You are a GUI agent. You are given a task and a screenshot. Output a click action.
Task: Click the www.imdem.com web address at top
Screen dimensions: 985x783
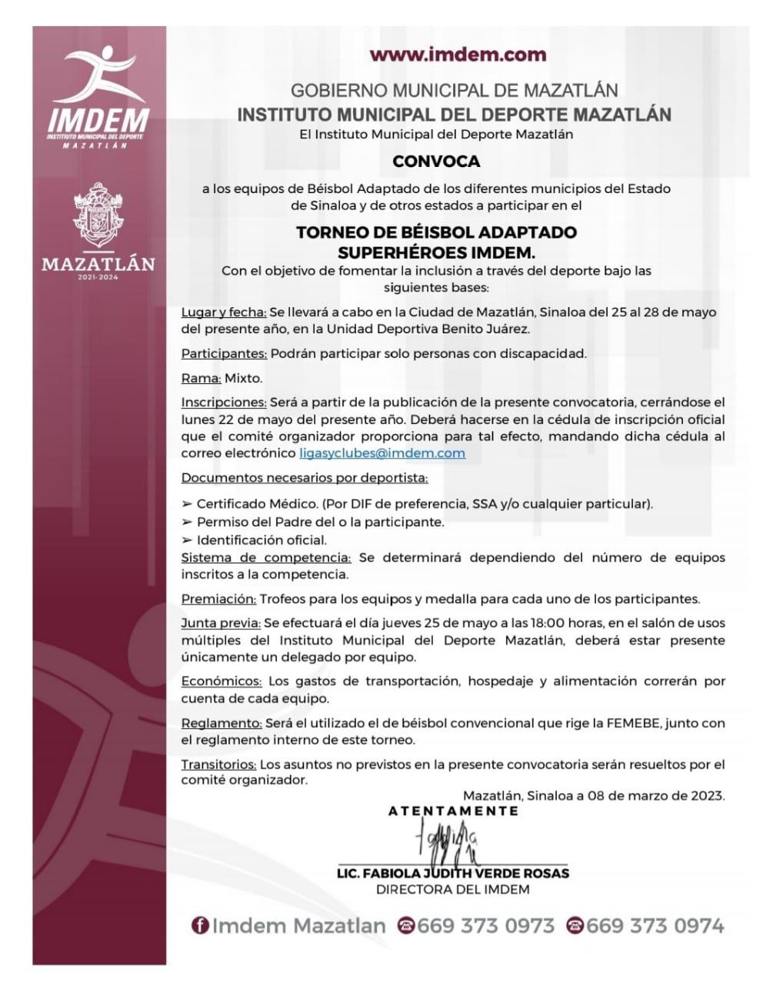click(458, 55)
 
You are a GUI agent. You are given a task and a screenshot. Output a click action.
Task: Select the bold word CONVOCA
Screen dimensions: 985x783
click(436, 162)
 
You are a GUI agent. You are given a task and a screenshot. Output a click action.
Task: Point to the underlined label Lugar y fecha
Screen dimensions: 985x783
click(224, 312)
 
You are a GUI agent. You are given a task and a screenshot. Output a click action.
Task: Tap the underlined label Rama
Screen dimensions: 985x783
click(202, 379)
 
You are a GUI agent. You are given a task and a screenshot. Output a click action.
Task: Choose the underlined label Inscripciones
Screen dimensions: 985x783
click(224, 402)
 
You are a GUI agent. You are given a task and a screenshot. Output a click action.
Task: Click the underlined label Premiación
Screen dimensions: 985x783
click(218, 599)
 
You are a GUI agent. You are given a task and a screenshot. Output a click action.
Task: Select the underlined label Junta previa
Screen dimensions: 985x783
click(222, 623)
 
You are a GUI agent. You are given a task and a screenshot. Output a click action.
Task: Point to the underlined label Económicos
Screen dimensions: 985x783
click(222, 682)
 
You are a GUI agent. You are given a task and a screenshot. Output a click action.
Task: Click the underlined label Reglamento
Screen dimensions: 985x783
click(222, 723)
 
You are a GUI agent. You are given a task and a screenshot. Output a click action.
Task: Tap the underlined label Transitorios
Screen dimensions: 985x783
click(219, 765)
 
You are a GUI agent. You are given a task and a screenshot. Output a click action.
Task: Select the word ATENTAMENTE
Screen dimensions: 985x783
click(453, 811)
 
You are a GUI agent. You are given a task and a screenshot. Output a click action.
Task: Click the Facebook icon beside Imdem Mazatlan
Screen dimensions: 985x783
click(200, 926)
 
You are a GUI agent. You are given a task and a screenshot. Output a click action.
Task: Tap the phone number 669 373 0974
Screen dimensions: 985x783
click(655, 926)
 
